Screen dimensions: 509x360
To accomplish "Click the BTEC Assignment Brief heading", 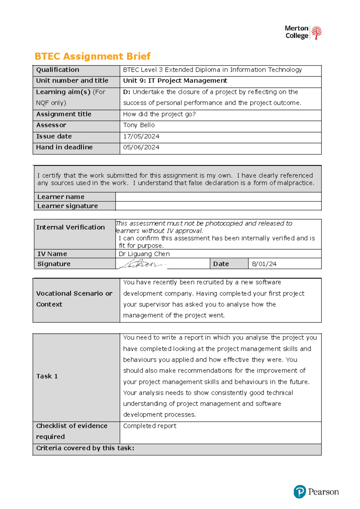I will [x=92, y=56].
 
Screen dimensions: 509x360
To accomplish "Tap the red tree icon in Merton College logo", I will [x=316, y=32].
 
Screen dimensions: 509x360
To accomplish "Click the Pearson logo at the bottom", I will [x=316, y=492].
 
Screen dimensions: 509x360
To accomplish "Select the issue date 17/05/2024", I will [x=141, y=137].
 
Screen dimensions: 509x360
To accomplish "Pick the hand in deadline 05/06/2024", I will [x=141, y=147].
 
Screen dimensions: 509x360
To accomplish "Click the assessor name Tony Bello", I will [x=139, y=125].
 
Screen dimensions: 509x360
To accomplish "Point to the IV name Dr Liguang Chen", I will [x=144, y=254].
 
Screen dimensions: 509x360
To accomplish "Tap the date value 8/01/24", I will [x=264, y=264].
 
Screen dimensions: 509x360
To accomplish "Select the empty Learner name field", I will [x=218, y=197].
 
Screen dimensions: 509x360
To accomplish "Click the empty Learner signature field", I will [x=218, y=206].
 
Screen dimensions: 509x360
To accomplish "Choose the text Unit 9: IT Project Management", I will [x=175, y=81].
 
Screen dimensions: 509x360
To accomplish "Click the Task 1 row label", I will [x=47, y=376].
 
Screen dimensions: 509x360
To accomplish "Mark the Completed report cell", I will [x=150, y=426].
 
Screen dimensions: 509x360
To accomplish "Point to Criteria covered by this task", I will [x=85, y=448].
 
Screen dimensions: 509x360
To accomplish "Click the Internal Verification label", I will [x=70, y=227].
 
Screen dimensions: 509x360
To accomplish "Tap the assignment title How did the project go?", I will [x=159, y=114].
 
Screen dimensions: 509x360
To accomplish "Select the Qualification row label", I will [x=58, y=70].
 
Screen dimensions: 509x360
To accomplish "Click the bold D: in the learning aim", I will [x=127, y=92].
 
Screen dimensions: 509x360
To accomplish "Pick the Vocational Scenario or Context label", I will [x=74, y=299].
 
